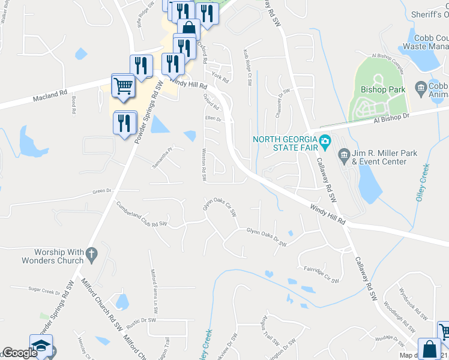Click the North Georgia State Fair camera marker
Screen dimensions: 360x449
pyautogui.click(x=325, y=142)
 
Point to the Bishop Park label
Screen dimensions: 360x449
pyautogui.click(x=383, y=90)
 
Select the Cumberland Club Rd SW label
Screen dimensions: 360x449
pyautogui.click(x=142, y=214)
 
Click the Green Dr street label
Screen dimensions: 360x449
pyautogui.click(x=102, y=191)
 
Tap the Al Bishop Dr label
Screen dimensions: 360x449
pyautogui.click(x=390, y=120)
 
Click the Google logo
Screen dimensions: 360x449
pyautogui.click(x=19, y=353)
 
